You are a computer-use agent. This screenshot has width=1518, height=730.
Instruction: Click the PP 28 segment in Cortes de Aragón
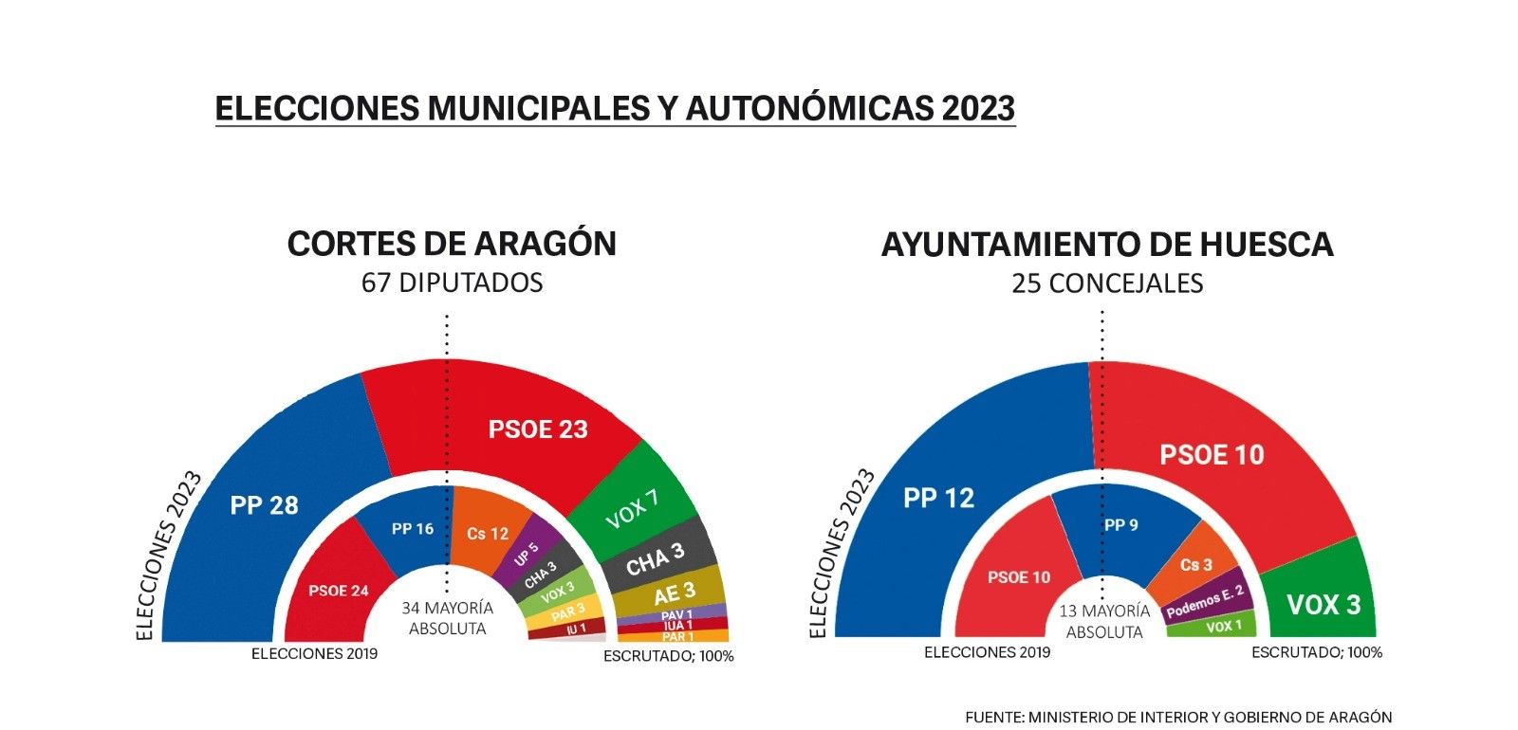coord(264,504)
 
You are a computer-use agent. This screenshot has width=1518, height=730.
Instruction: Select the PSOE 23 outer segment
coord(538,429)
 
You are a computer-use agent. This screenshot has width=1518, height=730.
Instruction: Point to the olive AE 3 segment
coord(674,593)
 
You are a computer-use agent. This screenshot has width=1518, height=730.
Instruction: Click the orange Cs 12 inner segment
coord(487,534)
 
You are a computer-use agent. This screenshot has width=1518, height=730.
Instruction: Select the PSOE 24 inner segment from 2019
coord(338,590)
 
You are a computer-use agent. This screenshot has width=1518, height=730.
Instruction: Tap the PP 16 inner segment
coord(412,528)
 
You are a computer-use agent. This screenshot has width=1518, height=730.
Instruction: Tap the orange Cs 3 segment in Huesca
coord(1195,564)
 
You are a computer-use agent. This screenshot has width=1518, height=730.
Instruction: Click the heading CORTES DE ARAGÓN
coord(452,244)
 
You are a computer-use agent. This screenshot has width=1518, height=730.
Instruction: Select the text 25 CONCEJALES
coord(1106,283)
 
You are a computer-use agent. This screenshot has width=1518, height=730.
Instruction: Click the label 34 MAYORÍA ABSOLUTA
coord(446,618)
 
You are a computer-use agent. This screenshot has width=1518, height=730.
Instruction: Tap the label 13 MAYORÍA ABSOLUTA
coord(1103,622)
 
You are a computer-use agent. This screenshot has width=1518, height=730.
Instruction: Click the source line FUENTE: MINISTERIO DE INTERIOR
coord(1177,717)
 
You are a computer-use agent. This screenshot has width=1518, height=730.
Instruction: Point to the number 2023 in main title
coord(978,108)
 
